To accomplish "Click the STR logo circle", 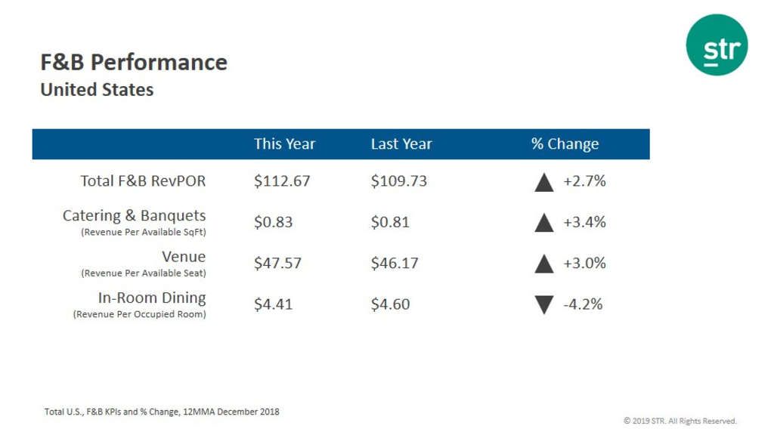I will tap(717, 45).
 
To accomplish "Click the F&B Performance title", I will tap(134, 62).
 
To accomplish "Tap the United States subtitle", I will tap(97, 90).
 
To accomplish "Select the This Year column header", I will tap(284, 143).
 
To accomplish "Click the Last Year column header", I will tap(401, 143).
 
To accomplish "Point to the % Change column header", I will tap(565, 143).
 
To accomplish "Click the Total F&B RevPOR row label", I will tap(143, 181).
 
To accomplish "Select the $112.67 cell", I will tap(282, 181).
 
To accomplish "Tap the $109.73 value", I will tap(399, 181).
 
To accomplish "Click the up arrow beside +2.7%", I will tap(544, 182).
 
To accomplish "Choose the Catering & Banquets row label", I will tap(134, 216).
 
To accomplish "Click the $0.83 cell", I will tap(273, 222).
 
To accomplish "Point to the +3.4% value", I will tap(584, 222).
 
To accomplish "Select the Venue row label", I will tap(184, 257).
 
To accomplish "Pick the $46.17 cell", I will tap(394, 263).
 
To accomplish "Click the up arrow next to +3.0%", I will tap(544, 264).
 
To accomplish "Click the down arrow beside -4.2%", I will tap(544, 304).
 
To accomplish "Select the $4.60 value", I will tap(390, 304).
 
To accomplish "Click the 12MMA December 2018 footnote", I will tap(162, 412).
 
